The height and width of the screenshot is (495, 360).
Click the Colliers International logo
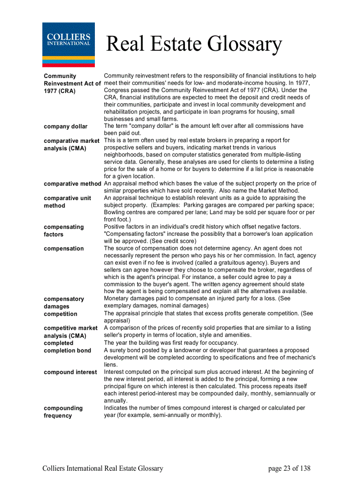68,45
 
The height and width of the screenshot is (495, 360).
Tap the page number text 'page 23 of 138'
289,469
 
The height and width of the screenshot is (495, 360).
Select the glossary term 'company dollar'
65,127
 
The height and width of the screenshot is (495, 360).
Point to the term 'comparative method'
72,184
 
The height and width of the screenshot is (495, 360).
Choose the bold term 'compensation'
64,249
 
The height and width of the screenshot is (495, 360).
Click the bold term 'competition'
60,314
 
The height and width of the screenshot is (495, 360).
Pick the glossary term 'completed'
59,343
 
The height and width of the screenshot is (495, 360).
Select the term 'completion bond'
67,350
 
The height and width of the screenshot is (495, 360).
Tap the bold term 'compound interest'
70,372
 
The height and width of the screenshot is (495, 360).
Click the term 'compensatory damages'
64,302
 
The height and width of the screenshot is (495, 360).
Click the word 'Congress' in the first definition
117,90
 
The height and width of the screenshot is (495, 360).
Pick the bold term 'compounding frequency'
63,412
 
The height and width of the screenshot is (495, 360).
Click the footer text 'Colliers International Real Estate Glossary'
103,469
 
